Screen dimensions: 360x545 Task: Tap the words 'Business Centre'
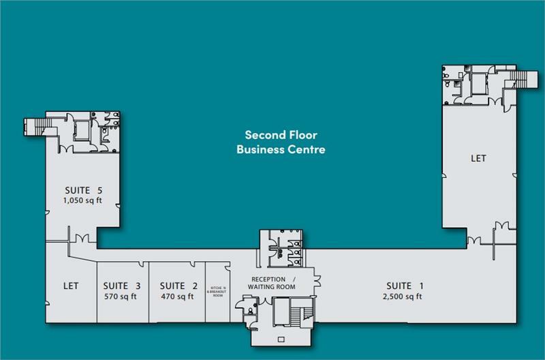click(280, 149)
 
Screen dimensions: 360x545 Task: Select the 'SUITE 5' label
click(83, 190)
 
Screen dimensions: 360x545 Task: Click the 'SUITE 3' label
click(122, 286)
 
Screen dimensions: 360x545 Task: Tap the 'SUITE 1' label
click(404, 286)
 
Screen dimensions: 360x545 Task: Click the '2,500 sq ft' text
click(404, 297)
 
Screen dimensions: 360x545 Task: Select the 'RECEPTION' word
click(268, 280)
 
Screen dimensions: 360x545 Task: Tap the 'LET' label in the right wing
click(478, 158)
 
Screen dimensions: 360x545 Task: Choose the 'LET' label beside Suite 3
click(71, 286)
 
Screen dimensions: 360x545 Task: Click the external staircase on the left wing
click(33, 126)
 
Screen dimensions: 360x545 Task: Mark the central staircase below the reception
click(294, 317)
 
